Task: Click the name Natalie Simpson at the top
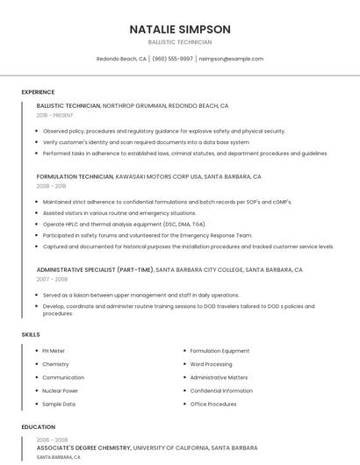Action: pyautogui.click(x=180, y=29)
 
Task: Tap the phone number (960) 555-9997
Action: pyautogui.click(x=172, y=59)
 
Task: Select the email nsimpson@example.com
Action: pyautogui.click(x=231, y=59)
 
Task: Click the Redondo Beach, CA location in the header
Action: pyautogui.click(x=121, y=59)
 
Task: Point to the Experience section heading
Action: pyautogui.click(x=38, y=92)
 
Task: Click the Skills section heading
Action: pyautogui.click(x=30, y=334)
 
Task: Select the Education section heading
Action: pyautogui.click(x=38, y=427)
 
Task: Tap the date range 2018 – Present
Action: pyautogui.click(x=55, y=115)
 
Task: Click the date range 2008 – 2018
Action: pyautogui.click(x=51, y=186)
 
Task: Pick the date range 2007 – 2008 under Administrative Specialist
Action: pyautogui.click(x=52, y=279)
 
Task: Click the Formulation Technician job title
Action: pyautogui.click(x=76, y=176)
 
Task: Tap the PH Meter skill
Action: pyautogui.click(x=54, y=351)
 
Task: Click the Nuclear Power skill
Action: pyautogui.click(x=60, y=390)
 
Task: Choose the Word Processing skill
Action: pyautogui.click(x=211, y=364)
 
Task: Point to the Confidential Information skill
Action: pyautogui.click(x=221, y=390)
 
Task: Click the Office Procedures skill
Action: pyautogui.click(x=213, y=404)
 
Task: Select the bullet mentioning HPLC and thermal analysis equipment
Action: pyautogui.click(x=124, y=224)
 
